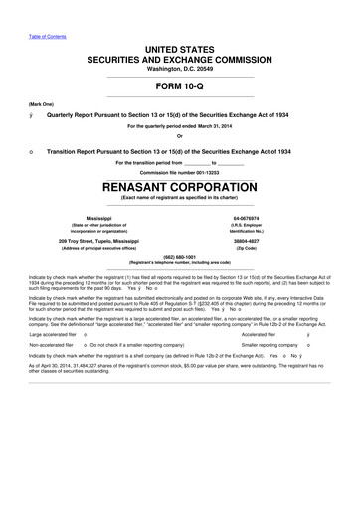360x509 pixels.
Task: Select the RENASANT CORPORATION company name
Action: point(180,188)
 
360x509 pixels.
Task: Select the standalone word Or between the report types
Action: point(180,137)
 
